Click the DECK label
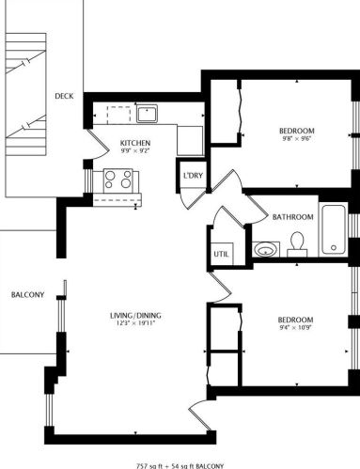coord(64,96)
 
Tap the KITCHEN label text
coord(134,143)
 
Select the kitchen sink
coord(148,114)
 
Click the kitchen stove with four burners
coord(117,179)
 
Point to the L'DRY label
coord(194,176)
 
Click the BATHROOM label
coord(292,217)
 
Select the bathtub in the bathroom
coord(335,229)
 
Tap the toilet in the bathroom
coord(298,244)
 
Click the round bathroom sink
coord(265,249)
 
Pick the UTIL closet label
coord(221,254)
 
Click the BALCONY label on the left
coord(27,295)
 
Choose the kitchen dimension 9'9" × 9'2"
coord(134,152)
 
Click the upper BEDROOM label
coord(296,131)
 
